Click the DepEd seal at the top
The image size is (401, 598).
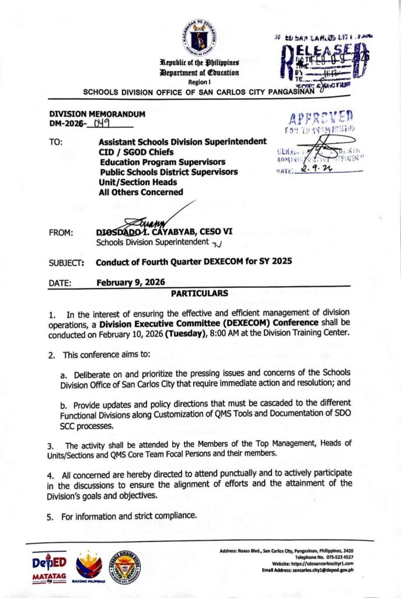click(x=199, y=37)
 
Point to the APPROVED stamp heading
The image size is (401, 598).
click(x=320, y=116)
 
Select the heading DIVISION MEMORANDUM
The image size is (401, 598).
click(x=97, y=114)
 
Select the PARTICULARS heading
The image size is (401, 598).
click(x=200, y=293)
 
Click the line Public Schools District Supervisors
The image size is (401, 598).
click(x=169, y=172)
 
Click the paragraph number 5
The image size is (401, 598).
click(x=50, y=516)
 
